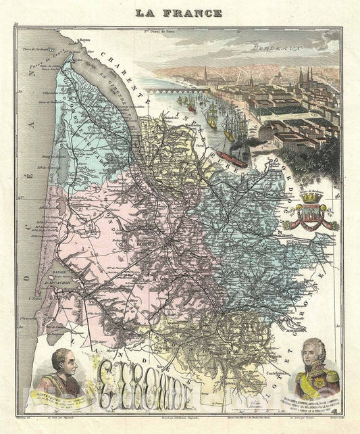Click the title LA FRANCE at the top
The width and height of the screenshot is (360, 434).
click(x=179, y=12)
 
